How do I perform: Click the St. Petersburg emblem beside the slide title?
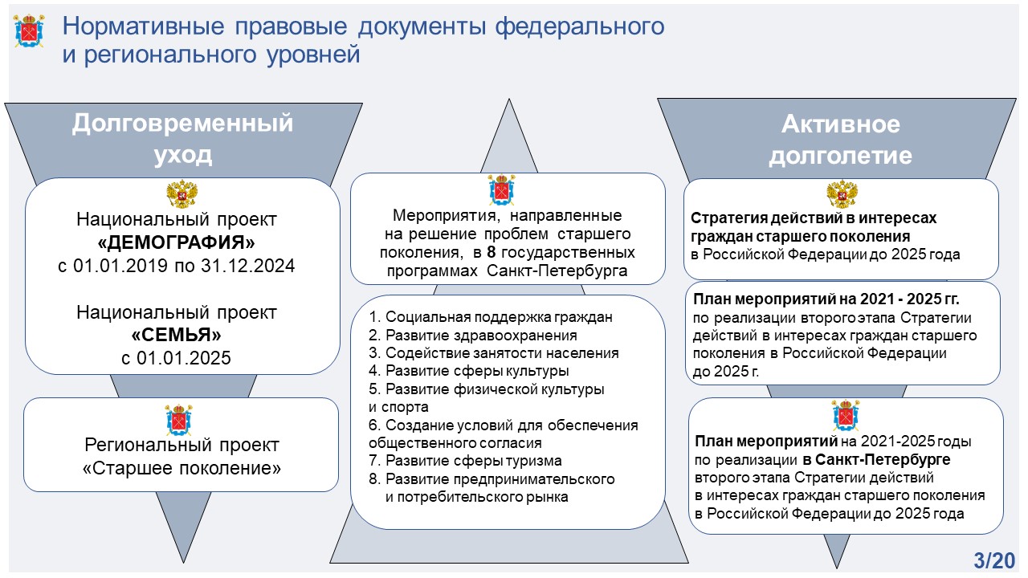point(29,31)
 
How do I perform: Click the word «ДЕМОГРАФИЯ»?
point(176,242)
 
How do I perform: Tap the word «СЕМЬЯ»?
point(176,335)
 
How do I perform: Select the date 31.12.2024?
point(248,266)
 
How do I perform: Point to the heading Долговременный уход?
point(182,139)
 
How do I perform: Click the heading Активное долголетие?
point(840,140)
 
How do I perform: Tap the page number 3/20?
point(994,560)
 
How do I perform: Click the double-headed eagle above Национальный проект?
point(182,194)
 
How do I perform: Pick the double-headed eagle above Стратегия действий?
point(842,194)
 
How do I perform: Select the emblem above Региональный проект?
point(178,420)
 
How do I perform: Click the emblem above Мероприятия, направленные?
point(501,189)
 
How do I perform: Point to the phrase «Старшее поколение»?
point(182,468)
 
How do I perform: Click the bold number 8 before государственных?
point(492,252)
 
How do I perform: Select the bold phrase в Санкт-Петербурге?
point(876,460)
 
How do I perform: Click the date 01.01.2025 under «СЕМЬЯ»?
point(184,358)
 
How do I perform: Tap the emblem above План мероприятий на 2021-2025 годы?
point(846,416)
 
